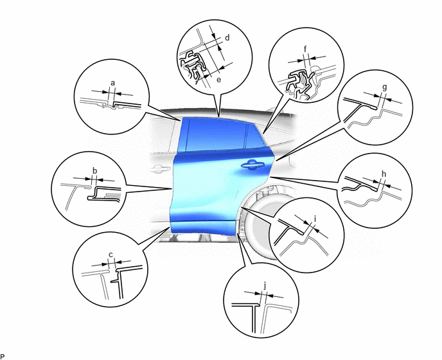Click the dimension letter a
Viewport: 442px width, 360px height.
coord(113,83)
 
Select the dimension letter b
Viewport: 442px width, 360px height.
coord(95,171)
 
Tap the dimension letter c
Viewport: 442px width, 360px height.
coord(110,255)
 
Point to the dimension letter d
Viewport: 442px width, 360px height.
coord(227,37)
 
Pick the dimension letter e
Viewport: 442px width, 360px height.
coord(218,80)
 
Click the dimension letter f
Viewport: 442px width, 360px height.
coord(305,49)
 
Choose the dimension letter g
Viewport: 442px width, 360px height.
coord(384,87)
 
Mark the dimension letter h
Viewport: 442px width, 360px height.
coord(384,174)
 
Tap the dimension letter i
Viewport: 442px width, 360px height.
coord(315,219)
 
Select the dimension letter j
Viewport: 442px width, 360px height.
coord(265,286)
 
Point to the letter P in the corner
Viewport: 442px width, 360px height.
coord(3,357)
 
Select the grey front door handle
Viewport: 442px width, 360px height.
coord(160,168)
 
